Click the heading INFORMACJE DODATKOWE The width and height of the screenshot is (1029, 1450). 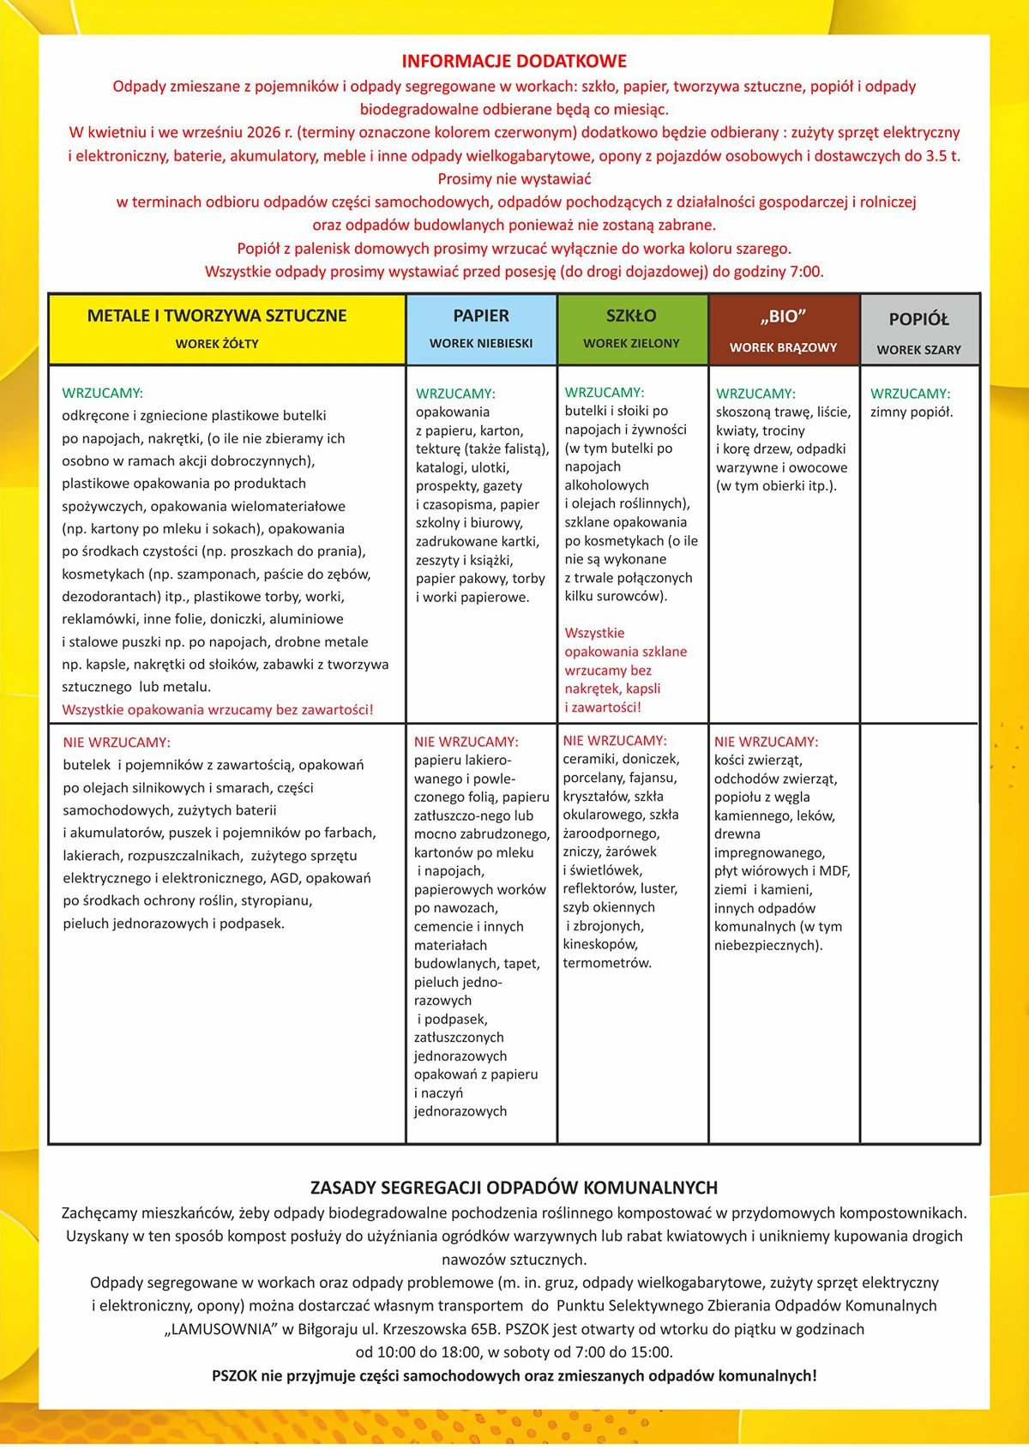(x=514, y=62)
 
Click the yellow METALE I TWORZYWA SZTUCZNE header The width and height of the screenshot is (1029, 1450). (x=217, y=316)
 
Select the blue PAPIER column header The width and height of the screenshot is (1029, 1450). (x=481, y=316)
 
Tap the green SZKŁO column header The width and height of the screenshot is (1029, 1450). (x=631, y=316)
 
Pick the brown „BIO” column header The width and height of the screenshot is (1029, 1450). (x=783, y=316)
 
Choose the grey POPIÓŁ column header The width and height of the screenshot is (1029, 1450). (x=918, y=319)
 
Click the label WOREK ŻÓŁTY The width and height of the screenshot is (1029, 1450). (x=217, y=344)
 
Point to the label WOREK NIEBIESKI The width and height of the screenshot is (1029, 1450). (x=481, y=343)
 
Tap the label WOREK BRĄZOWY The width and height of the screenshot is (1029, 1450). (x=783, y=347)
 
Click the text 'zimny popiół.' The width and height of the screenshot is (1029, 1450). (x=912, y=412)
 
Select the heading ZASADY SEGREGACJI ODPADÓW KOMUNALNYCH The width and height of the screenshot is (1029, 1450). (x=514, y=1188)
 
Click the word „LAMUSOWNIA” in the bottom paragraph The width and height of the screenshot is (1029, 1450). (x=219, y=1329)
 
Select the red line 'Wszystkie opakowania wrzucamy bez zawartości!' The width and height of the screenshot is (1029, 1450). (x=218, y=710)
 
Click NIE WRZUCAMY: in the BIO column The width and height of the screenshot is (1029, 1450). (x=766, y=742)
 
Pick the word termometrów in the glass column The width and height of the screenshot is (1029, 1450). (x=607, y=963)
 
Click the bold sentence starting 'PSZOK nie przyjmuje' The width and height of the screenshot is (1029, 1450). (x=514, y=1375)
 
